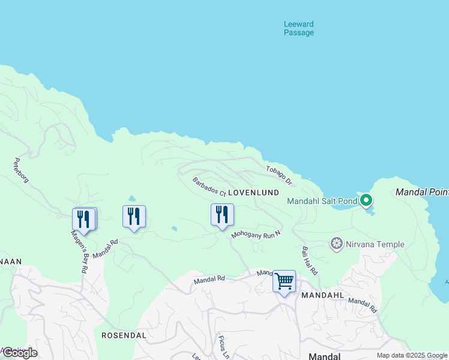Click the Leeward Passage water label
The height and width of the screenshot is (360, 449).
tap(298, 28)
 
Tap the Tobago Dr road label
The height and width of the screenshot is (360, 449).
tap(279, 175)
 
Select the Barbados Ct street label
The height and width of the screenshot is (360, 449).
tap(209, 187)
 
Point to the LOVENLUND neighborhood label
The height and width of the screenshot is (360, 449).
tap(254, 193)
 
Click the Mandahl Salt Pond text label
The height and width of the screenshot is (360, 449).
tap(322, 201)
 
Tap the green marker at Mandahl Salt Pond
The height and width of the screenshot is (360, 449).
tap(366, 200)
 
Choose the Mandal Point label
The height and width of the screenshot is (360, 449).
tap(422, 193)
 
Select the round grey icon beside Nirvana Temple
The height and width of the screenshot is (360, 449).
tap(337, 244)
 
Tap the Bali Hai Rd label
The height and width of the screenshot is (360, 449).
tap(310, 260)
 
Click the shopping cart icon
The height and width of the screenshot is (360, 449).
tap(284, 280)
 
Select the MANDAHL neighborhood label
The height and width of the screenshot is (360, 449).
tap(322, 296)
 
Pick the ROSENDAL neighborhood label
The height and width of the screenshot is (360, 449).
tap(124, 335)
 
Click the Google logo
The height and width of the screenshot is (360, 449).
tap(19, 353)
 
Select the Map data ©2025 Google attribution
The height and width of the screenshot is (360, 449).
tap(412, 355)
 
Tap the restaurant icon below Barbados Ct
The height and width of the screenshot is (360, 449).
tap(222, 215)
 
